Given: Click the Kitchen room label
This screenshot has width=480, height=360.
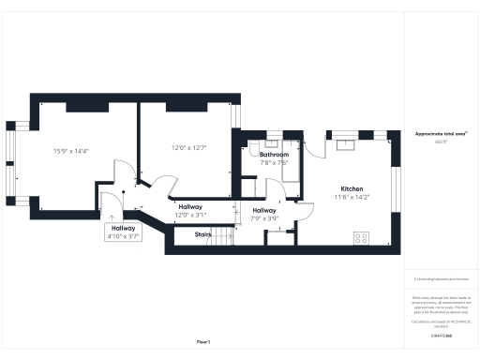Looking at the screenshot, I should [x=352, y=188].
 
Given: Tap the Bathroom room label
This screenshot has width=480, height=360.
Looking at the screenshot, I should [x=274, y=155].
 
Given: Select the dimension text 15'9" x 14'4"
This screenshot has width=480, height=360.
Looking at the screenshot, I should [x=71, y=151].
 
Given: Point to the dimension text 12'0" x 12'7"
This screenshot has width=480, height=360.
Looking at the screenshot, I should [x=188, y=147].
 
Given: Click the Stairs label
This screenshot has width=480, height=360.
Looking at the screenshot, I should [x=202, y=234].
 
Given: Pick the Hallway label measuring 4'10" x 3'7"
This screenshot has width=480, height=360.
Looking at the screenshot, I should [x=123, y=228].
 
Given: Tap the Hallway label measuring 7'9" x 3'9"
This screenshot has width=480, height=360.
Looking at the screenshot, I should [x=265, y=211].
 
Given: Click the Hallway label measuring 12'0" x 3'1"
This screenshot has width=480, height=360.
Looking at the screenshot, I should [x=190, y=207].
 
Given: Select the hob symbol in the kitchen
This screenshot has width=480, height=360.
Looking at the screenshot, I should [x=360, y=238].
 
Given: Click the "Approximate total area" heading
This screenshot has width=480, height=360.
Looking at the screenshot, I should [x=441, y=134].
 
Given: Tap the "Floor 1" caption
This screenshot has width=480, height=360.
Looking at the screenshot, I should [x=203, y=341].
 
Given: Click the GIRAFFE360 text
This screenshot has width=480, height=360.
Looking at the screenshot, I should [x=441, y=335].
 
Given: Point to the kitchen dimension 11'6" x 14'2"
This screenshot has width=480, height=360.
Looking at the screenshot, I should [x=352, y=197].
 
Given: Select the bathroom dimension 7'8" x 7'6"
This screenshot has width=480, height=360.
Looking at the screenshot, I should [x=274, y=162].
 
